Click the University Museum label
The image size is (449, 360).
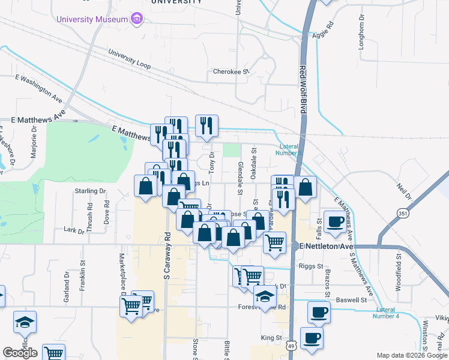(x=92, y=19)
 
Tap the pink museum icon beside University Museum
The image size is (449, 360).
(x=137, y=19)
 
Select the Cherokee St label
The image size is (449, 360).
(x=231, y=72)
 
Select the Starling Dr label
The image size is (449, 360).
(x=90, y=191)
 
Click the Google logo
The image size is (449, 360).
(x=20, y=353)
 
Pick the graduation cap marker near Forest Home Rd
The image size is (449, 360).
(x=264, y=296)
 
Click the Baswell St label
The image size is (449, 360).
(x=351, y=299)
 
